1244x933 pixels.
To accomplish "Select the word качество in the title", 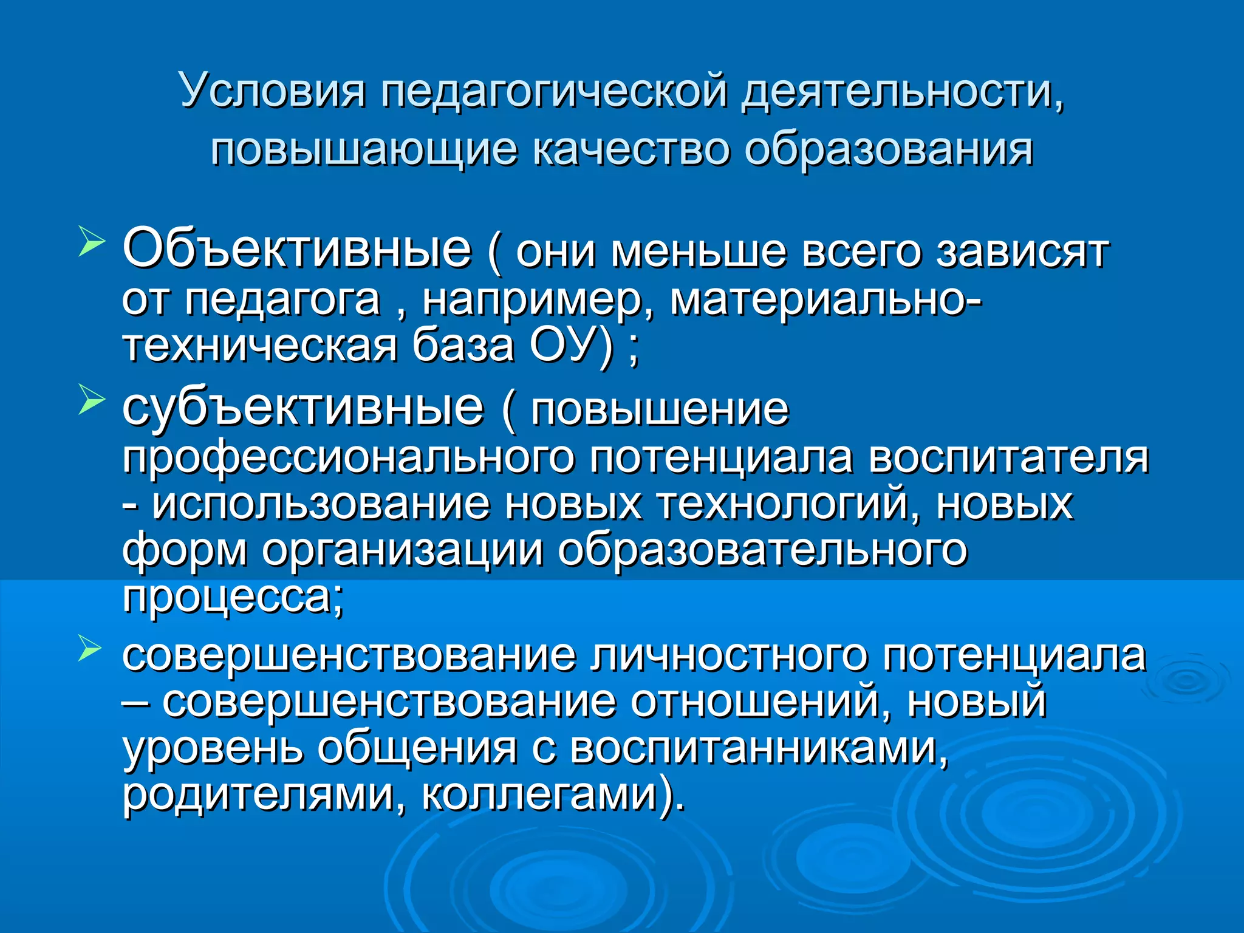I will [x=631, y=149].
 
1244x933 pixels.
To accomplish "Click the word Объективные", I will [x=296, y=249].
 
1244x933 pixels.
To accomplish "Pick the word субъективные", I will [x=303, y=407].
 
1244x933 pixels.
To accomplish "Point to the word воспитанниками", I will [x=759, y=748].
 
